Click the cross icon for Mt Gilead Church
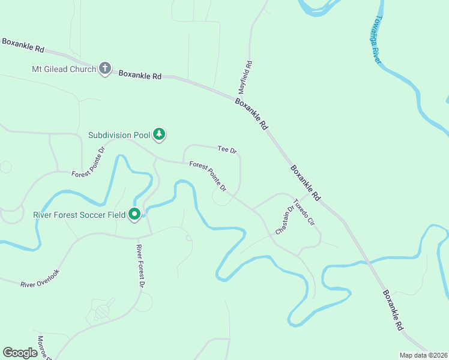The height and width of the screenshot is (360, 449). coord(105,68)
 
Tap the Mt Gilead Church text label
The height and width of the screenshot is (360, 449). coord(64,69)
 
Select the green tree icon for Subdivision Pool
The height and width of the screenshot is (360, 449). coord(159,134)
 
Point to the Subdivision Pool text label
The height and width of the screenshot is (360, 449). coord(118,135)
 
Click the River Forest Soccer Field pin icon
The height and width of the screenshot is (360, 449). coord(135,214)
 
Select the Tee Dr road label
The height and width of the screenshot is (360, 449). coord(227,149)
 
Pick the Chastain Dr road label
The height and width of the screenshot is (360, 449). coord(284,220)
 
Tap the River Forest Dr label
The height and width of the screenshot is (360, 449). coord(140,265)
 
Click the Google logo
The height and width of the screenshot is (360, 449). coord(20,353)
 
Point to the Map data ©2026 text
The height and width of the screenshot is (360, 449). coord(423,355)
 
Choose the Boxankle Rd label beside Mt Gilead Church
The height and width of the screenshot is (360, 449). coord(140,75)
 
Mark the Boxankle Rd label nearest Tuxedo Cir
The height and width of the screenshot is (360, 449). coord(306,183)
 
